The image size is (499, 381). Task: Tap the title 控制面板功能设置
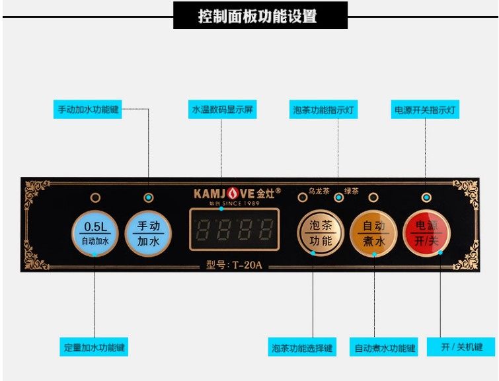tap(260, 15)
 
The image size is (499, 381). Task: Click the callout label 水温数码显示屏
tap(222, 110)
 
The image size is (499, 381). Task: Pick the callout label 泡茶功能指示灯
tap(324, 110)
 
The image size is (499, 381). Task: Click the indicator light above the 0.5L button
tap(96, 197)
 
